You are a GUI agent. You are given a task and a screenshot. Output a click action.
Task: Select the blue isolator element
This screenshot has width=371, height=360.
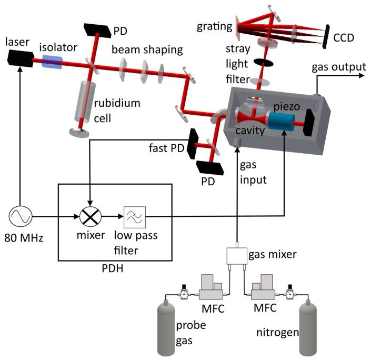(x=52, y=63)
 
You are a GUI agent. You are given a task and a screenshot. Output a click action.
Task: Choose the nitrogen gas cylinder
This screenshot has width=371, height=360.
(x=310, y=329)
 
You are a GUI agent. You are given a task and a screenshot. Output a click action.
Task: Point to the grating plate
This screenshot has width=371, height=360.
(x=238, y=28)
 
